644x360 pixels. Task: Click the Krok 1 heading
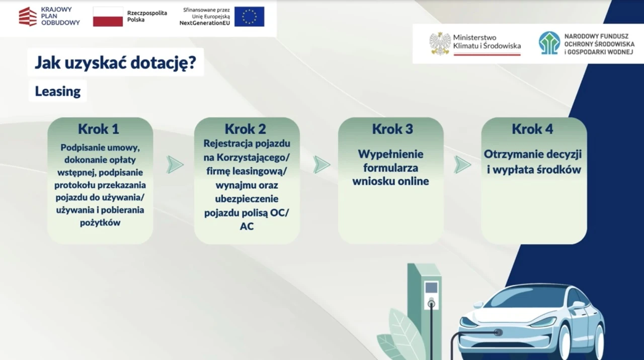pyautogui.click(x=99, y=129)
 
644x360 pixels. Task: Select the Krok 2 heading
pyautogui.click(x=245, y=129)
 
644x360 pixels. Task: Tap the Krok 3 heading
pyautogui.click(x=392, y=129)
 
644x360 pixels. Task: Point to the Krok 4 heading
pyautogui.click(x=532, y=129)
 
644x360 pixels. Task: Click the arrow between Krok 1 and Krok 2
pyautogui.click(x=175, y=165)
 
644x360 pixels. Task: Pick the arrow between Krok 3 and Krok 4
pyautogui.click(x=462, y=165)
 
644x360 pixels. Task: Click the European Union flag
pyautogui.click(x=249, y=17)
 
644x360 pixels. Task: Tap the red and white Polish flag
pyautogui.click(x=108, y=17)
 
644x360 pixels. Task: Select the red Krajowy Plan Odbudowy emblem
pyautogui.click(x=28, y=17)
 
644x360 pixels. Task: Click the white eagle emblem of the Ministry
pyautogui.click(x=440, y=44)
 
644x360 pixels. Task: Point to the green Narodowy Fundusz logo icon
pyautogui.click(x=549, y=43)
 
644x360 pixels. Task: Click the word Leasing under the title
pyautogui.click(x=58, y=92)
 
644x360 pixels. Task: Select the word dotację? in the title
pyautogui.click(x=164, y=63)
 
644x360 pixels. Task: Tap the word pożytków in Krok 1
pyautogui.click(x=100, y=223)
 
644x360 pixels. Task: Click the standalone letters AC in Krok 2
pyautogui.click(x=247, y=227)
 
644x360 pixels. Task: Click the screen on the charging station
pyautogui.click(x=431, y=288)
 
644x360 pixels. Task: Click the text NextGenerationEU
pyautogui.click(x=205, y=23)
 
